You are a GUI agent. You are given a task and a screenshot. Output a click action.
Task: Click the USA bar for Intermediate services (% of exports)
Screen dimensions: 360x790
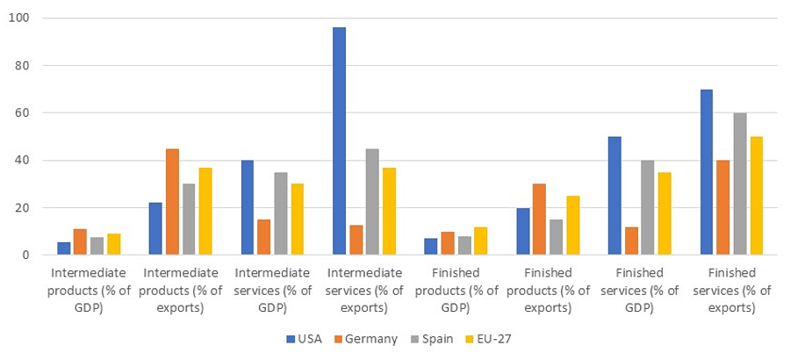[x=340, y=141]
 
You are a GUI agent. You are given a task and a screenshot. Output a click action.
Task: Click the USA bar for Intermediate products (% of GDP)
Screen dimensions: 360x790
[x=64, y=248]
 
